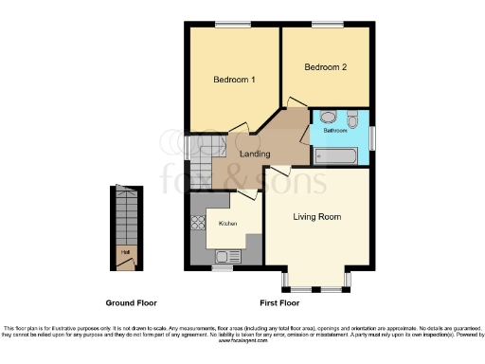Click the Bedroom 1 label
[x=234, y=81]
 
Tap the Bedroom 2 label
[x=325, y=67]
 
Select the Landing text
[x=254, y=154]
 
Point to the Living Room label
[x=317, y=216]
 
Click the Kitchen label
[x=228, y=224]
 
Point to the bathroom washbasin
[x=327, y=117]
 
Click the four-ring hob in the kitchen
[x=200, y=225]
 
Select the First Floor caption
[x=278, y=302]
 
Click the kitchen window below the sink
[x=223, y=268]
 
